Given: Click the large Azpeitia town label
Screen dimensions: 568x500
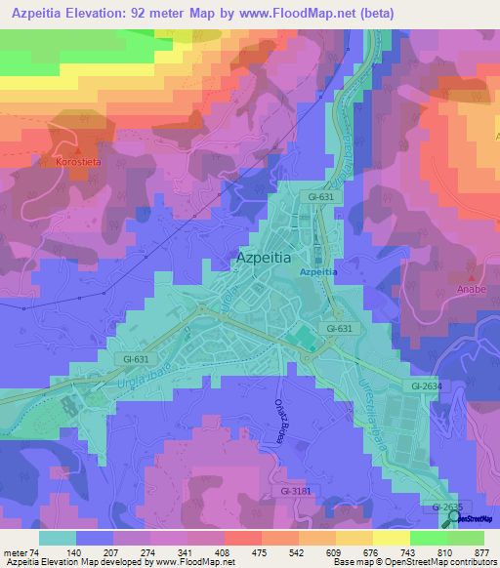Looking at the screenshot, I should [264, 259].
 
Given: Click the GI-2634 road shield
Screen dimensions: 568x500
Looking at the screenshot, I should [426, 386].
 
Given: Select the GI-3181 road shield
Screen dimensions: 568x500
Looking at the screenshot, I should [300, 491].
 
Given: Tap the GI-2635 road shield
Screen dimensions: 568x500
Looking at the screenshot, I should [447, 507].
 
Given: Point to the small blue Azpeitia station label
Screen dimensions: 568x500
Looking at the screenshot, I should [318, 272].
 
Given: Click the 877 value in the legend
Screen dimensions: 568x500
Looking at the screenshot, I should [482, 552].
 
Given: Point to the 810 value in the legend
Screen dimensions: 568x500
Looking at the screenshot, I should [445, 552].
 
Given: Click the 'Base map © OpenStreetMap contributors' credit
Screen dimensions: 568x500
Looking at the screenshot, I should [412, 563].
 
